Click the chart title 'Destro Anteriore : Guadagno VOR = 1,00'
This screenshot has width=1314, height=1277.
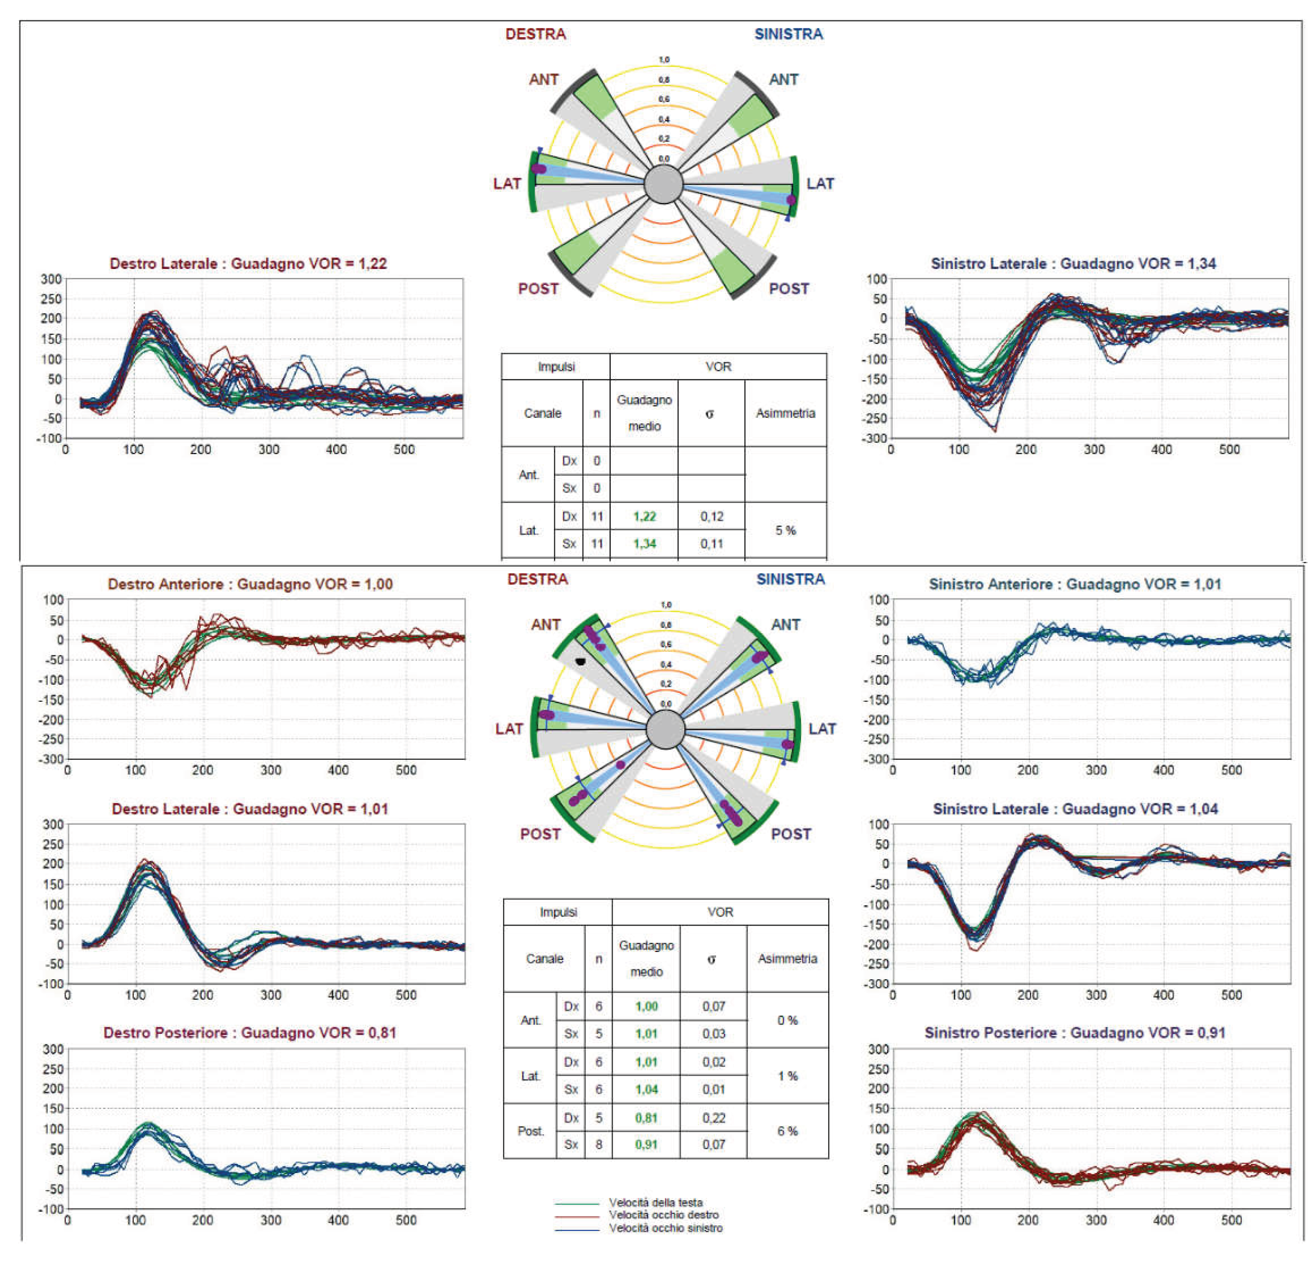[x=250, y=584]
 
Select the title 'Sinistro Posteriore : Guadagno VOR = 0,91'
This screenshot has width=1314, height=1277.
[x=1075, y=1033]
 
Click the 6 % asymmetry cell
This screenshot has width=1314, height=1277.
[x=788, y=1132]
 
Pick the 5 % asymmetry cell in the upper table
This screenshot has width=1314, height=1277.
[x=785, y=531]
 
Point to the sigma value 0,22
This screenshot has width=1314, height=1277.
[x=714, y=1118]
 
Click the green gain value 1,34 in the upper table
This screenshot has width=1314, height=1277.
[x=645, y=544]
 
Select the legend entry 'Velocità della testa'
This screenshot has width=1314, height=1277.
[x=655, y=1203]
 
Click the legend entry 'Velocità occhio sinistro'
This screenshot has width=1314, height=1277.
[x=666, y=1228]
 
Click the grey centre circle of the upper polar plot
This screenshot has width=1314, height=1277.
[x=663, y=185]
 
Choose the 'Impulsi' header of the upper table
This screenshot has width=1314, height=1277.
[x=556, y=367]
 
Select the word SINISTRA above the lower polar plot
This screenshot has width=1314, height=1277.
[x=791, y=579]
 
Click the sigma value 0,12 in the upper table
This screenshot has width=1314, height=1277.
[x=712, y=516]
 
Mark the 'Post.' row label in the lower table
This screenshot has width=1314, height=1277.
[x=531, y=1132]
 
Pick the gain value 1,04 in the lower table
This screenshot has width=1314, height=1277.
[x=647, y=1090]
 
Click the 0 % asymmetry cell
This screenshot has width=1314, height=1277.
[x=788, y=1020]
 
